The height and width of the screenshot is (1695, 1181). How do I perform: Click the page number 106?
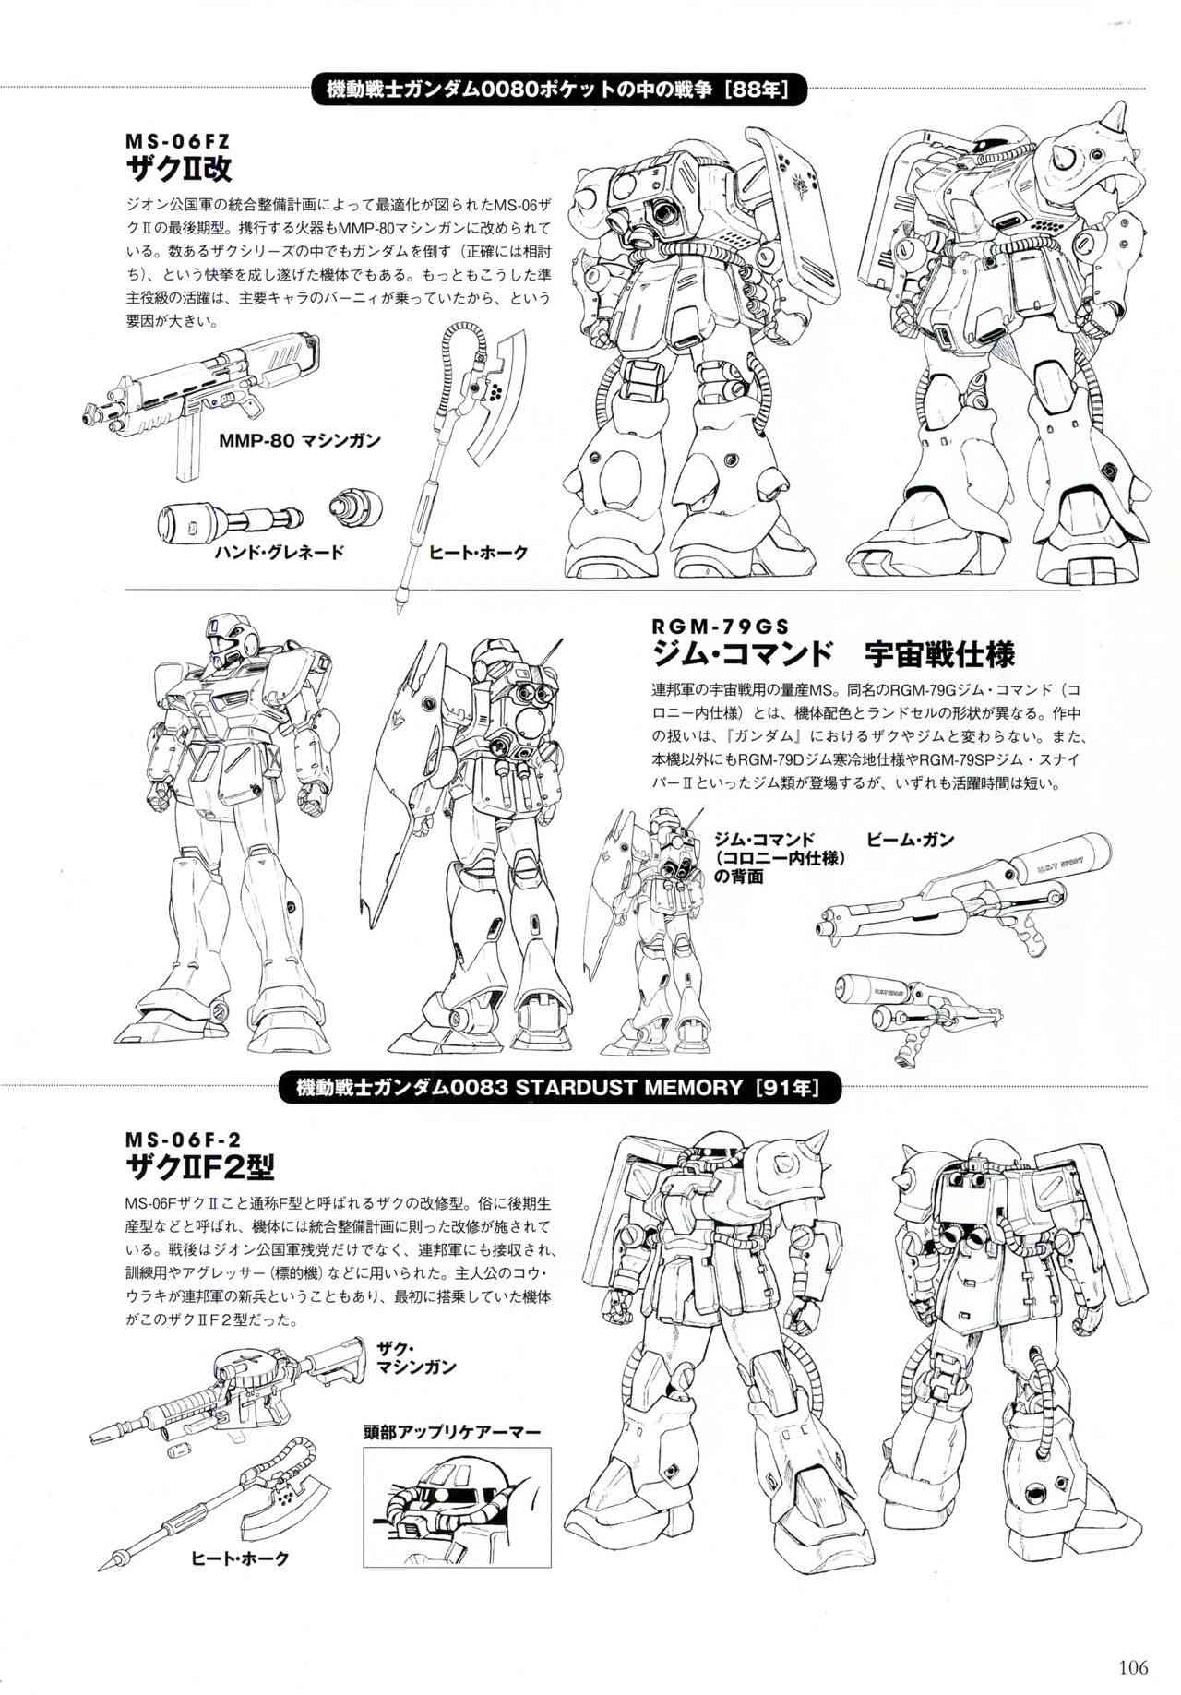(1131, 1666)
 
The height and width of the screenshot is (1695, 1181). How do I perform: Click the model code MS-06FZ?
(176, 141)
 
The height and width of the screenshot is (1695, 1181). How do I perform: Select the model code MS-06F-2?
(186, 1138)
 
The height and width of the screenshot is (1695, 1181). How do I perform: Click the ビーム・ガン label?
(910, 840)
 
